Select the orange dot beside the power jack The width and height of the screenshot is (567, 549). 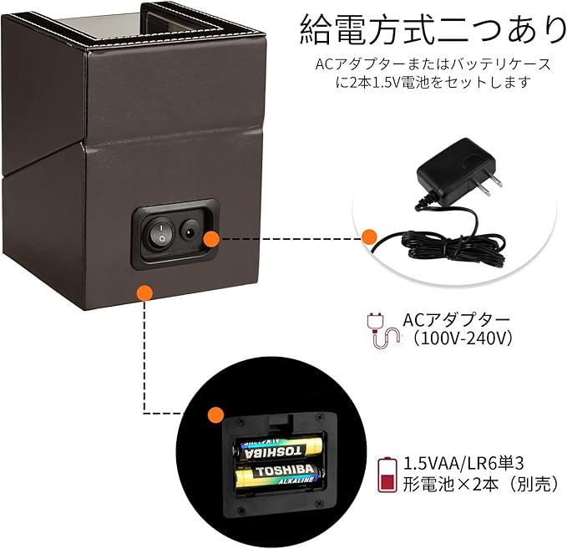(211, 240)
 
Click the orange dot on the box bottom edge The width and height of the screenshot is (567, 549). (145, 293)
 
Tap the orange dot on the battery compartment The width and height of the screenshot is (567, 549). (216, 413)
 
